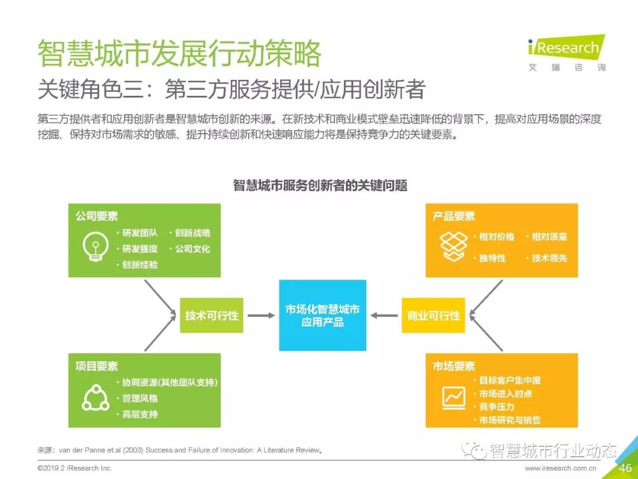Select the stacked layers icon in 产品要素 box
pyautogui.click(x=453, y=245)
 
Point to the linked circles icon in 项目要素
pyautogui.click(x=95, y=397)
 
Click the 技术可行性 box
pyautogui.click(x=211, y=315)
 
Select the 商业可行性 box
pyautogui.click(x=434, y=315)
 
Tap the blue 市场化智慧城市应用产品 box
pyautogui.click(x=323, y=315)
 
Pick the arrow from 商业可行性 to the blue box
pyautogui.click(x=385, y=316)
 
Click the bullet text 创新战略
pyautogui.click(x=192, y=233)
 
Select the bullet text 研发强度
pyautogui.click(x=139, y=249)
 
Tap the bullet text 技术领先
pyautogui.click(x=549, y=258)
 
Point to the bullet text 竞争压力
pyautogui.click(x=496, y=407)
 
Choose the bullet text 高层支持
pyautogui.click(x=139, y=415)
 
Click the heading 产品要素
pyautogui.click(x=454, y=216)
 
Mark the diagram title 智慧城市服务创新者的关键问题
pyautogui.click(x=320, y=185)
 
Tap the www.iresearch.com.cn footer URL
pyautogui.click(x=561, y=468)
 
